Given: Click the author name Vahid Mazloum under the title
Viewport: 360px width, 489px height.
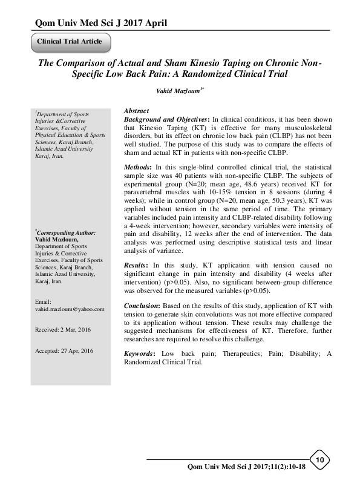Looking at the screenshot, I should pyautogui.click(x=178, y=91).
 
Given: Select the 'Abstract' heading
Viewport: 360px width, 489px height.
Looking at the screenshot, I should pyautogui.click(x=137, y=112).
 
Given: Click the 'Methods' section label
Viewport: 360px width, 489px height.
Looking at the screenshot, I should pyautogui.click(x=139, y=166).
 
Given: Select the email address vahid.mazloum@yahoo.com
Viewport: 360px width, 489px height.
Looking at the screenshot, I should pyautogui.click(x=70, y=309).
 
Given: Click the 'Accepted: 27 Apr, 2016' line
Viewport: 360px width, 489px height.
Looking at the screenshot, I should pyautogui.click(x=65, y=351).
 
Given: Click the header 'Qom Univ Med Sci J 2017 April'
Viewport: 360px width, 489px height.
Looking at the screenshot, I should pyautogui.click(x=94, y=23).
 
